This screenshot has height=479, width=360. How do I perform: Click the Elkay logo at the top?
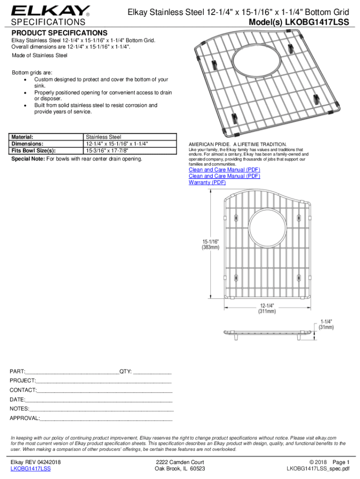pyautogui.click(x=50, y=10)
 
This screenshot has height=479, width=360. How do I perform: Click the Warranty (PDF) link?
pyautogui.click(x=207, y=182)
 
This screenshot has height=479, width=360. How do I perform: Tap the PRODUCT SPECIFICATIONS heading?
pyautogui.click(x=59, y=33)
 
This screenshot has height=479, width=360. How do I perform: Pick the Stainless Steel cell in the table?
pyautogui.click(x=104, y=137)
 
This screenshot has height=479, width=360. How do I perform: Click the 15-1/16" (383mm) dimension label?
pyautogui.click(x=210, y=244)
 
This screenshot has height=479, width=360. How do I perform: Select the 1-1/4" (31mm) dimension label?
pyautogui.click(x=326, y=325)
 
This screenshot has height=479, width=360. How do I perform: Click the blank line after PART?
pyautogui.click(x=72, y=372)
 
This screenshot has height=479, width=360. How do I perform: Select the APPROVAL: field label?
pyautogui.click(x=25, y=418)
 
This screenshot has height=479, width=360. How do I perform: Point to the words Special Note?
pyautogui.click(x=28, y=159)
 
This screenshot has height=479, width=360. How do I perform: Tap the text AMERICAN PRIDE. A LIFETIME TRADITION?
pyautogui.click(x=238, y=144)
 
